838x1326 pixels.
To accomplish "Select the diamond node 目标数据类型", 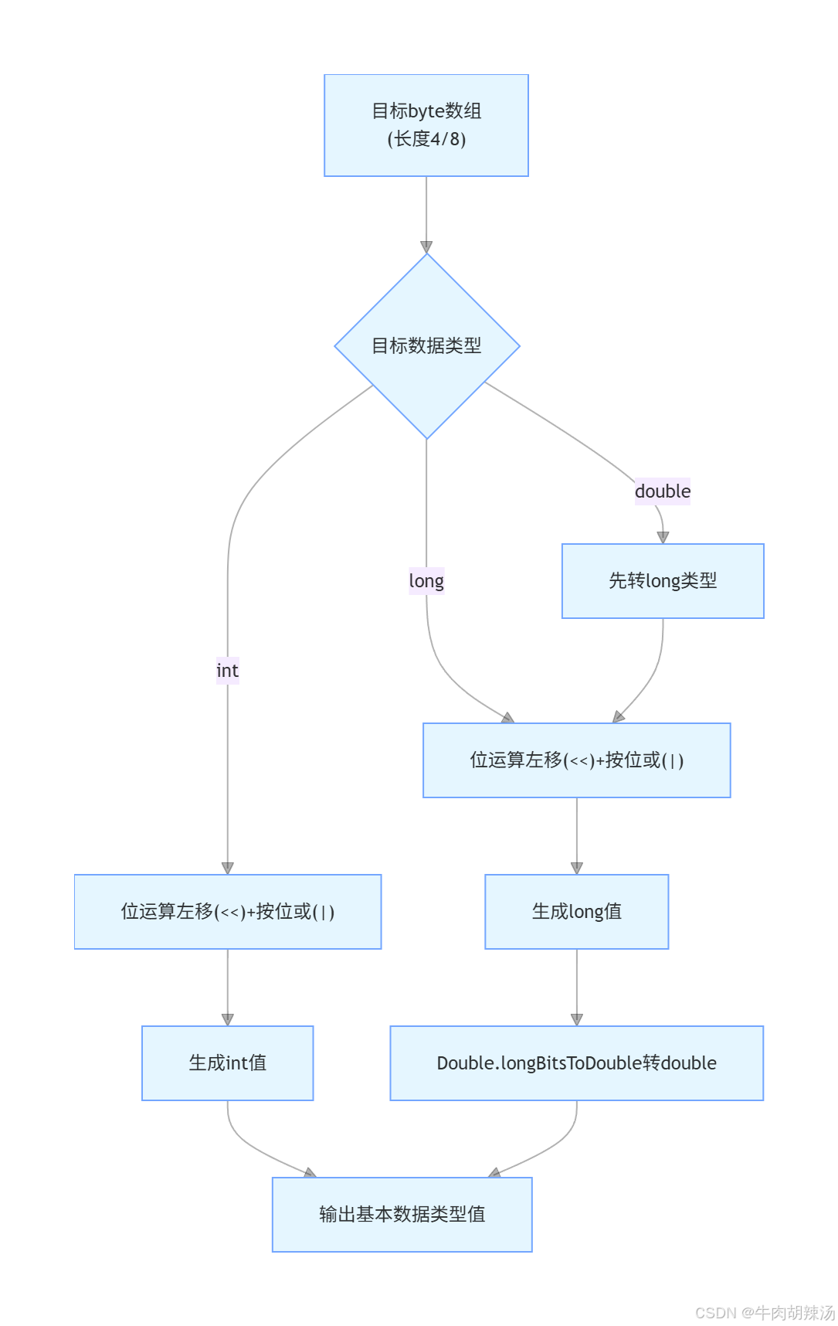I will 426,345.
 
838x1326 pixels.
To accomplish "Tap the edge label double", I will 662,491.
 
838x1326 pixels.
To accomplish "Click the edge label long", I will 426,581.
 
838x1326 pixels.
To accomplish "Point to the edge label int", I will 227,671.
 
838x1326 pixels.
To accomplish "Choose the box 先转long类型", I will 663,581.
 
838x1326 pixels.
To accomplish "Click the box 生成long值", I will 576,912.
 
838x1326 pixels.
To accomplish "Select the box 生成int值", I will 227,1063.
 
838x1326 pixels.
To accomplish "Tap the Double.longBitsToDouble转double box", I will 576,1063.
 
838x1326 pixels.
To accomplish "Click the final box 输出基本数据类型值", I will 402,1215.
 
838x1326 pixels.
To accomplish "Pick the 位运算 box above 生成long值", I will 576,760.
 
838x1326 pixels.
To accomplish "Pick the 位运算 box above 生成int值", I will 227,912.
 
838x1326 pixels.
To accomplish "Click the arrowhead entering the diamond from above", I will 426,247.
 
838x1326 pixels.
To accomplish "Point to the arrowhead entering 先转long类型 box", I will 663,538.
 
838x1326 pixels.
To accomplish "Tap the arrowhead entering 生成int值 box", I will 227,1020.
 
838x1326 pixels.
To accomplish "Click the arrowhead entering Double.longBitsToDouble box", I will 576,1020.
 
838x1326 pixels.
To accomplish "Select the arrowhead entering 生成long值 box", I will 576,869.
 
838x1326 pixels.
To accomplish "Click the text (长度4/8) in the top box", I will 426,140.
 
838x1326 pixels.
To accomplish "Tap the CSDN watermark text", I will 764,1312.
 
